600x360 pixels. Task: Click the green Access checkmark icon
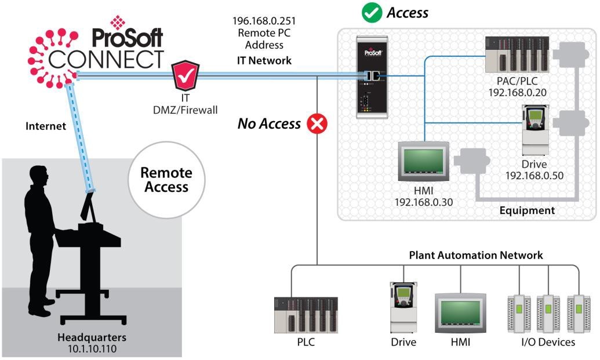(x=372, y=13)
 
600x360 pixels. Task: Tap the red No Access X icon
(x=317, y=123)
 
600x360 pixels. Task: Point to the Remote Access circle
(x=166, y=180)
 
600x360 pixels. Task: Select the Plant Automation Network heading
(x=475, y=255)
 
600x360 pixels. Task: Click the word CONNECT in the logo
(x=106, y=59)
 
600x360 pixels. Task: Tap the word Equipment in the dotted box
(x=526, y=210)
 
